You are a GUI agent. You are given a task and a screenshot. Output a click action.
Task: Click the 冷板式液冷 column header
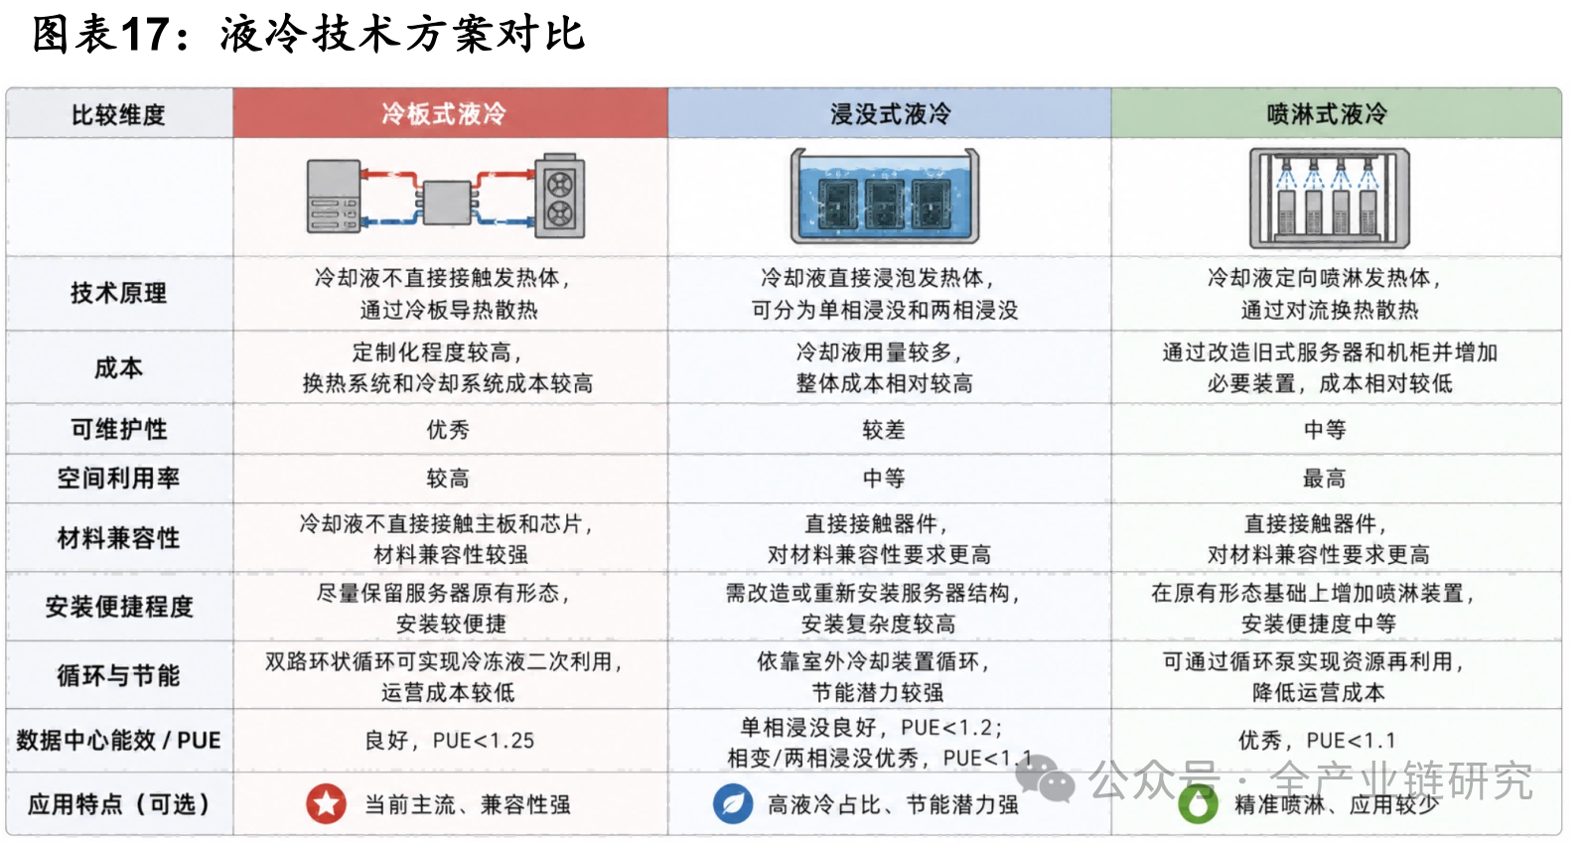tap(444, 113)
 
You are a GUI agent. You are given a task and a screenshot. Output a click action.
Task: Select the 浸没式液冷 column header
tap(890, 113)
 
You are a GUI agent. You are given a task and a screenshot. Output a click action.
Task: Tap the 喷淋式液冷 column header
tap(1327, 113)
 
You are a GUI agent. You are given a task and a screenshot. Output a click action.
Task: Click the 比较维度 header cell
tap(118, 114)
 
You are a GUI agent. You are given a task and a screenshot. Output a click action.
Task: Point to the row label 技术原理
tap(118, 293)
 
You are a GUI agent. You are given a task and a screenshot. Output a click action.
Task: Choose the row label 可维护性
tap(118, 429)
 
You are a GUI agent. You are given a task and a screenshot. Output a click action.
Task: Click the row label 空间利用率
tap(118, 479)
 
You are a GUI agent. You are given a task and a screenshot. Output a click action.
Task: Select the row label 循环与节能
tap(118, 676)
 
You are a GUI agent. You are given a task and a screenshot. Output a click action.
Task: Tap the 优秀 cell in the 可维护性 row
tap(448, 429)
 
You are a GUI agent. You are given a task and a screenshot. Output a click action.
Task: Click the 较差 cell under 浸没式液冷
tap(883, 429)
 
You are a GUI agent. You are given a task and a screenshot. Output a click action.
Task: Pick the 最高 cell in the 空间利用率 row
tap(1325, 479)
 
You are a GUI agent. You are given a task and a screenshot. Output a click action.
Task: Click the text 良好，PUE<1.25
tap(450, 740)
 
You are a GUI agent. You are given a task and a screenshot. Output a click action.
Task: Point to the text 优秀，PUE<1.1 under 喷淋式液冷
tap(1317, 740)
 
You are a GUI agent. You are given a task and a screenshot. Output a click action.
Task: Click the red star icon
tap(326, 803)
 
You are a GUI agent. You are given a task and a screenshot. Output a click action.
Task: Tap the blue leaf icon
tap(733, 803)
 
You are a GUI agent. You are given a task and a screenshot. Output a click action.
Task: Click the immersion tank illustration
tap(885, 196)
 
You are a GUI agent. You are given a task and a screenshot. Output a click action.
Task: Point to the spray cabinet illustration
tap(1330, 198)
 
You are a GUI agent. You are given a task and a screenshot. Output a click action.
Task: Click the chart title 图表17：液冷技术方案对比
tap(309, 34)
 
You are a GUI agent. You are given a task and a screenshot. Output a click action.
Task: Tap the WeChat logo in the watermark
tap(1045, 778)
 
